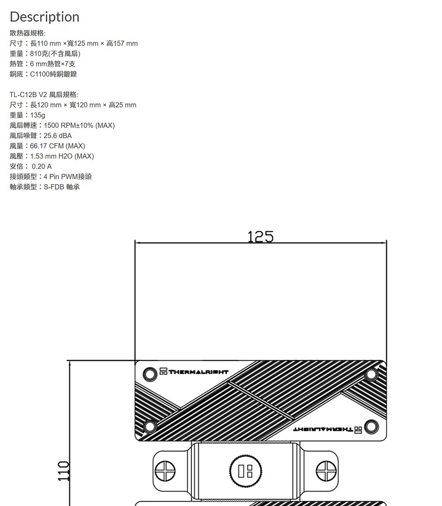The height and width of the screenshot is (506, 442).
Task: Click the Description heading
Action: (45, 17)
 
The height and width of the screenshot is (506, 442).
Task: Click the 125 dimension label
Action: (260, 236)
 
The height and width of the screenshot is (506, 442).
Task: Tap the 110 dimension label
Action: (64, 471)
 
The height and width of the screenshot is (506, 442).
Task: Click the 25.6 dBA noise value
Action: (57, 136)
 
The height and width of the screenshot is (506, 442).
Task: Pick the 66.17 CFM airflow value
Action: (47, 146)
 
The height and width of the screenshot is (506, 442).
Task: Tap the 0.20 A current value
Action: (42, 167)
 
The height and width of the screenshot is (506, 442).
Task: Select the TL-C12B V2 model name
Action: (28, 95)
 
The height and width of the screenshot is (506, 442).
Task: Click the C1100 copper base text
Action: (40, 74)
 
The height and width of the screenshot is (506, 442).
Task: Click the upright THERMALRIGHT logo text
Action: (198, 372)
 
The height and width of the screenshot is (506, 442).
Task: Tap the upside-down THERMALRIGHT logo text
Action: (323, 430)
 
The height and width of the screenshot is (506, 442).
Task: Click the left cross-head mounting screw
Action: (165, 471)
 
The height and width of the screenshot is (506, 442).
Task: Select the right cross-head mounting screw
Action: (326, 471)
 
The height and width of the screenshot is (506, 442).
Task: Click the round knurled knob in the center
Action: (246, 471)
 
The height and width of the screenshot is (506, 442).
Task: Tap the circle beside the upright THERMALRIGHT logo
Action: (150, 374)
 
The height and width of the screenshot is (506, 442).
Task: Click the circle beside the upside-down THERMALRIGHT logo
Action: (371, 426)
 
